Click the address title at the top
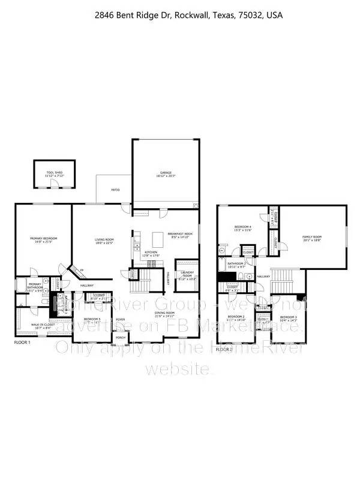(180, 15)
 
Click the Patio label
(115, 190)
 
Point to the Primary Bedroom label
(44, 240)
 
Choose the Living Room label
(104, 241)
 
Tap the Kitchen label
(151, 253)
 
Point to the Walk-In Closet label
(41, 326)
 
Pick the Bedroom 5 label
(92, 320)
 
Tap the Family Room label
(312, 238)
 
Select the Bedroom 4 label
(243, 228)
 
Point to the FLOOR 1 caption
(23, 342)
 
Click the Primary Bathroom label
(35, 287)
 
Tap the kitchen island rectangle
(158, 236)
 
